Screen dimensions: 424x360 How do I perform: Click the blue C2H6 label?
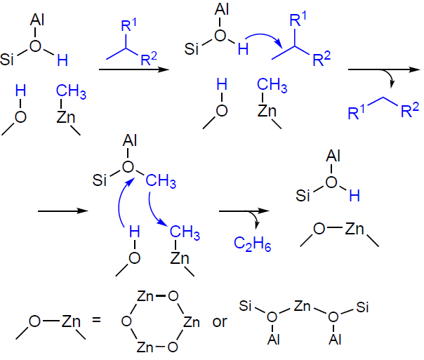tap(252, 244)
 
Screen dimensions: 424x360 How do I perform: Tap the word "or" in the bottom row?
tap(220, 321)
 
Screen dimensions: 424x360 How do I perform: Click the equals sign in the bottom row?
tap(96, 320)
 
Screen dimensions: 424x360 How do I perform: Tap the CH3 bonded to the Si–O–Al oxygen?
tap(161, 180)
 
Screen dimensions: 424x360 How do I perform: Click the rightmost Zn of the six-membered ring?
tap(192, 322)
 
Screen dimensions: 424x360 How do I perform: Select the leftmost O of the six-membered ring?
tap(126, 321)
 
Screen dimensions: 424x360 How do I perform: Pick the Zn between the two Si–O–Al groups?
tap(302, 306)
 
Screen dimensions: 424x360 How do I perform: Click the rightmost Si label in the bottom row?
tap(362, 307)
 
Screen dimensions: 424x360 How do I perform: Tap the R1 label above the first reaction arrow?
tap(128, 25)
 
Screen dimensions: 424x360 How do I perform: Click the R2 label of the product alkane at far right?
tap(410, 110)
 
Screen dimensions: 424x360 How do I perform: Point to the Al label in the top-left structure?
tap(37, 20)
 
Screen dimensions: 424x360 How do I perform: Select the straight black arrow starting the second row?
tap(63, 211)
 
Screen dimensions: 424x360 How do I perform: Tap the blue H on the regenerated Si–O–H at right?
tap(355, 195)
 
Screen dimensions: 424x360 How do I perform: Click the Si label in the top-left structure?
tap(7, 59)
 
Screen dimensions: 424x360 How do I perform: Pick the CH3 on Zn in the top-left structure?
tap(71, 91)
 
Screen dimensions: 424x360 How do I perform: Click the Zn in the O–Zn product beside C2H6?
tap(355, 229)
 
